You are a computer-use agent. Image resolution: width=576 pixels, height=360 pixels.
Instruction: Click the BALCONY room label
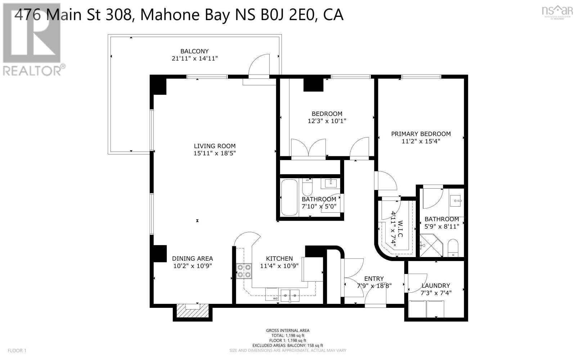point(194,51)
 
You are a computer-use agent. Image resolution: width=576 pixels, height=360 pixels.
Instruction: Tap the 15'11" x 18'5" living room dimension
point(215,153)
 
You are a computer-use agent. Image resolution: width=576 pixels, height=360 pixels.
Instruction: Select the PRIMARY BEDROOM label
point(421,134)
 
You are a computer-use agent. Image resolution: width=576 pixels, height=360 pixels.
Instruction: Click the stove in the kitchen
point(244,271)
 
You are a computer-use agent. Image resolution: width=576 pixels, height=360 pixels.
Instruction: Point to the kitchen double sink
point(290,296)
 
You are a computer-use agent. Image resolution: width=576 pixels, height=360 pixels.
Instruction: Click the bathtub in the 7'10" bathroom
point(289,197)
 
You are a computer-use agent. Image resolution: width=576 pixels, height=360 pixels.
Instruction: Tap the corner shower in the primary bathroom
point(430,246)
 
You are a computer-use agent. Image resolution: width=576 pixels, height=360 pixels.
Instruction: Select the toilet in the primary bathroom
point(453,248)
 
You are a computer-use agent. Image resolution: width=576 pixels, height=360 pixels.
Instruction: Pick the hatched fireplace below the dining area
point(192,312)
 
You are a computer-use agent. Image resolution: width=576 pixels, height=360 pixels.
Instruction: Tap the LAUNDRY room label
point(436,285)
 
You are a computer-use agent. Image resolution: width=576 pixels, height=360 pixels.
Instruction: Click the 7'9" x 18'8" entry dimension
point(374,286)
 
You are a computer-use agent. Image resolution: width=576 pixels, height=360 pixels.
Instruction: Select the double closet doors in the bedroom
point(308,148)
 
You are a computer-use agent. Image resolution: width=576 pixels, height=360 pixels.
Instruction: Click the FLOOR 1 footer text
point(17,350)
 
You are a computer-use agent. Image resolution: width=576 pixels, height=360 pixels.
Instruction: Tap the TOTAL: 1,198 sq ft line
point(287,335)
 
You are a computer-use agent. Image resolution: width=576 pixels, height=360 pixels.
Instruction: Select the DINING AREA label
point(192,258)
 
